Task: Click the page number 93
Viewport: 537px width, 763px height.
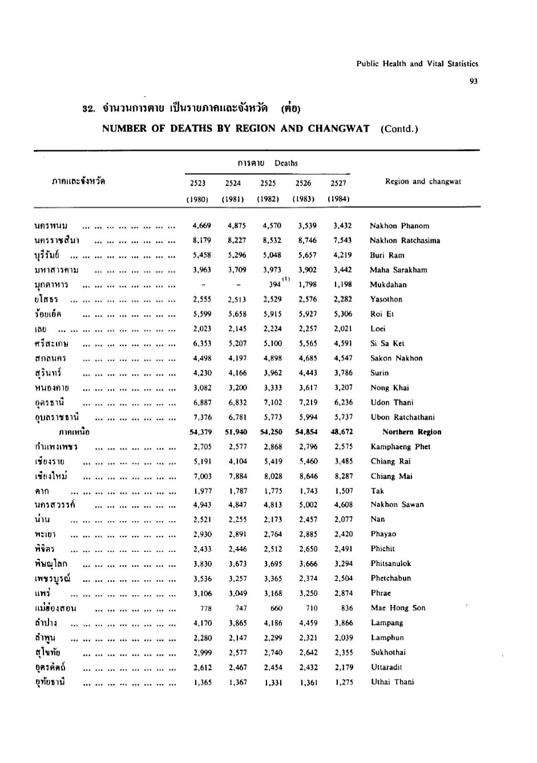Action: pos(474,81)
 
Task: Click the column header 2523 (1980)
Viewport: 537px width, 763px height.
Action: pos(197,191)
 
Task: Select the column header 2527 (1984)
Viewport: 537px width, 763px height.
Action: pos(338,191)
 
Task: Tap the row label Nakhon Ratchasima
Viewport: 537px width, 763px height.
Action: pos(405,240)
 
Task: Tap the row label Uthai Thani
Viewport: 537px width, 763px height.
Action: pos(393,681)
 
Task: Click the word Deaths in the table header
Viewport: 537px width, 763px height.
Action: pos(286,163)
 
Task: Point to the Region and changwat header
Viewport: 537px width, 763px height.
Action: pos(423,181)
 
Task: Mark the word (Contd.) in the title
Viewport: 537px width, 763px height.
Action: pos(399,128)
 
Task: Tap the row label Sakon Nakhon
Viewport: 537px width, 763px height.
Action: pos(397,358)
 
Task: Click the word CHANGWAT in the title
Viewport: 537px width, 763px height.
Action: pos(339,128)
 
